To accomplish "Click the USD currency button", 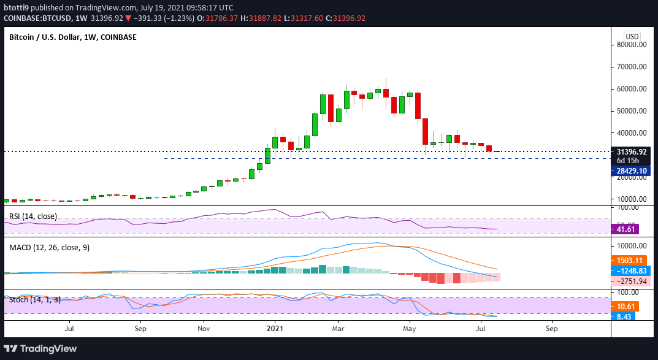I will point(632,36).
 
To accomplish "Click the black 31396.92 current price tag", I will point(632,151).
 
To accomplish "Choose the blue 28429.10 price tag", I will point(632,171).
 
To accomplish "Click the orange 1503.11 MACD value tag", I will point(629,260).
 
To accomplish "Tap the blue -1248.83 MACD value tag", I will point(630,270).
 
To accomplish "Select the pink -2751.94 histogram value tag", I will point(630,281).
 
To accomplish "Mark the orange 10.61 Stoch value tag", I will point(625,306).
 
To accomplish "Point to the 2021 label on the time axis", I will point(275,329).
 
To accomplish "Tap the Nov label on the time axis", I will point(204,329).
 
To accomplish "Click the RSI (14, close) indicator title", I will point(31,216).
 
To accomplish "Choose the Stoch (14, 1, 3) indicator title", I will point(35,300).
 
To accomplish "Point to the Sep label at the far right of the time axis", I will point(551,329).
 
